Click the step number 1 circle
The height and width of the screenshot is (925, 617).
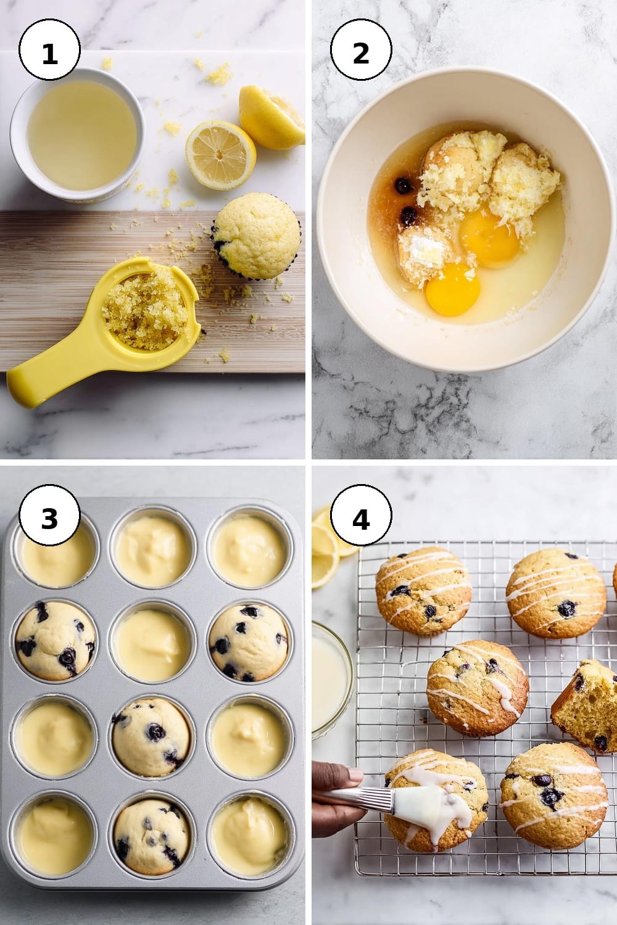pos(49,49)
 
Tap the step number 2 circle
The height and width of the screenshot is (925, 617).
pos(361,49)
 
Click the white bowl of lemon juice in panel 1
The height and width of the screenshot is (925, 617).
pos(78,135)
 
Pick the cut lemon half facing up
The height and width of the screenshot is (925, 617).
pos(221,155)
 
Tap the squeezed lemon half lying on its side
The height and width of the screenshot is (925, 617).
pos(271,117)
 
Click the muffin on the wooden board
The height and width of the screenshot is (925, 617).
pos(257,236)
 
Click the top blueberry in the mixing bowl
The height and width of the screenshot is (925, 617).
pos(403,186)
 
